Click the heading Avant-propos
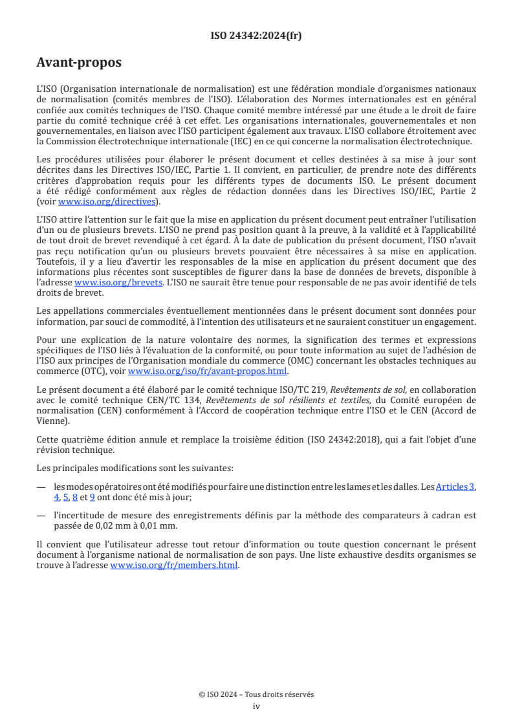pyautogui.click(x=79, y=63)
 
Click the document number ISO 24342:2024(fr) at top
pyautogui.click(x=256, y=36)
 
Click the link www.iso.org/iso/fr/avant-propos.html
pyautogui.click(x=208, y=371)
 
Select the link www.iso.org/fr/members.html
pyautogui.click(x=174, y=565)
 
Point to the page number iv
pyautogui.click(x=256, y=706)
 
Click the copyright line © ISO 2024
pyautogui.click(x=256, y=694)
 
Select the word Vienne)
pyautogui.click(x=53, y=421)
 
